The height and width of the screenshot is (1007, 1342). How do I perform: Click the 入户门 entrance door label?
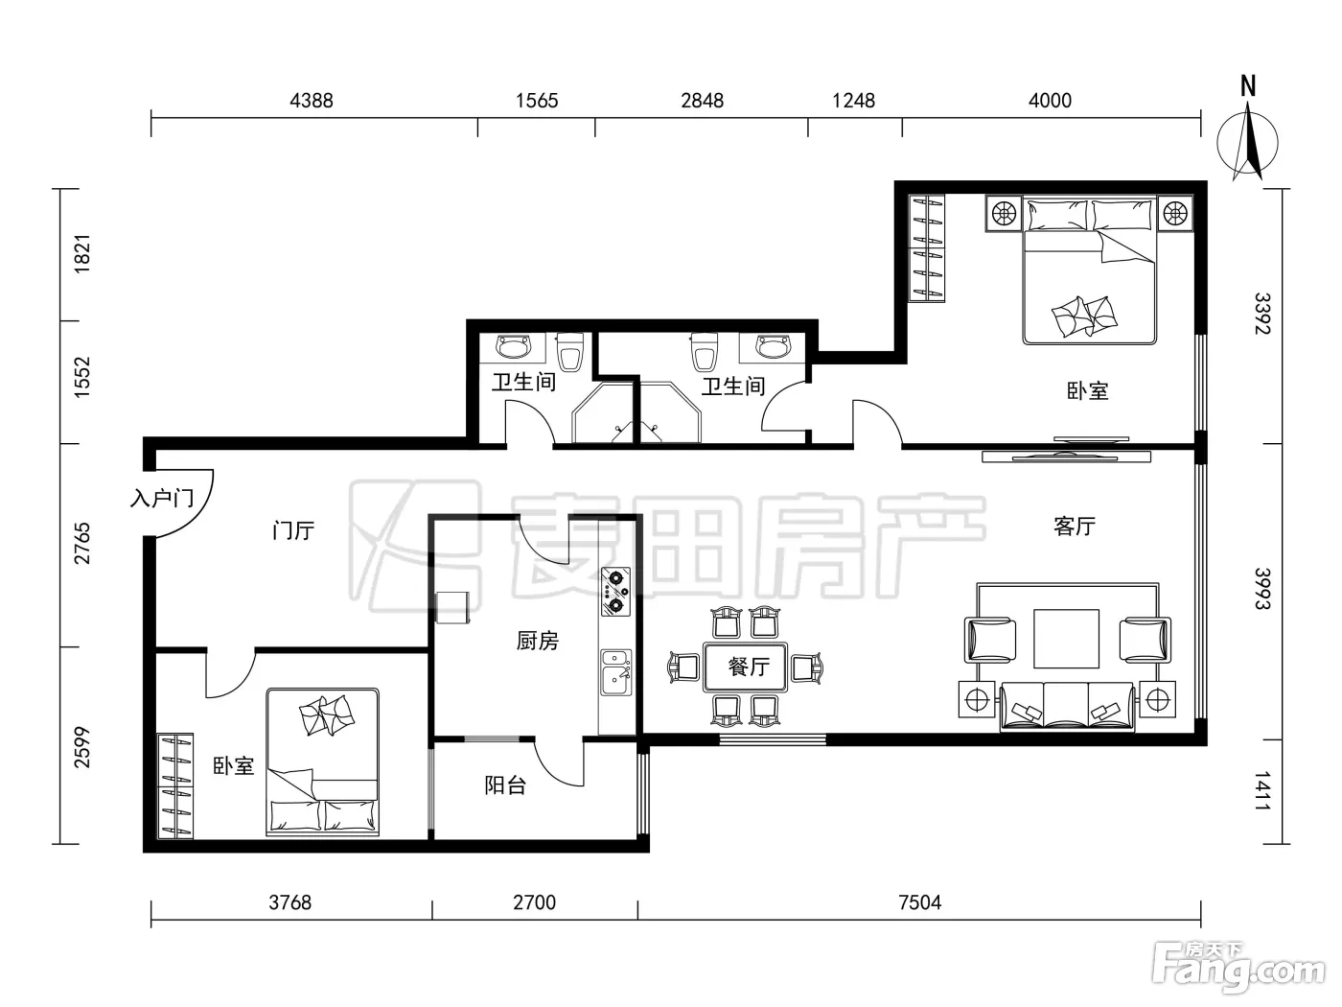[x=162, y=499]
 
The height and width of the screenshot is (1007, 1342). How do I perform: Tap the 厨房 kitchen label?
[x=538, y=641]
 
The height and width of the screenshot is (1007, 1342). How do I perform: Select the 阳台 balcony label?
[x=505, y=785]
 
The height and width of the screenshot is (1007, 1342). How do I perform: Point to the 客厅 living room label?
[x=1075, y=526]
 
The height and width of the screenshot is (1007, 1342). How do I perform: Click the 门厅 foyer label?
[x=293, y=530]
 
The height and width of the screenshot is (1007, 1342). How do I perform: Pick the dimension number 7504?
[x=920, y=902]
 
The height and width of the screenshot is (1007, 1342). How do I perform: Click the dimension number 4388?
[x=312, y=101]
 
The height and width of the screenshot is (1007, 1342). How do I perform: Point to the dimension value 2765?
[x=81, y=544]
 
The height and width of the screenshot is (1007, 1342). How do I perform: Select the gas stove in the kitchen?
[x=615, y=592]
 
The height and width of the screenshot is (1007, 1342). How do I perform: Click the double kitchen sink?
[x=616, y=672]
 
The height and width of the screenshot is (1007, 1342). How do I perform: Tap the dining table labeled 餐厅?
[x=745, y=667]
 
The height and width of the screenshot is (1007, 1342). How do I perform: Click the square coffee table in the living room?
[x=1066, y=639]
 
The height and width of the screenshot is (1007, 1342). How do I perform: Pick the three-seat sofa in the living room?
[x=1067, y=707]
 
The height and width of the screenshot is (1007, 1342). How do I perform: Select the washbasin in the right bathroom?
[x=773, y=347]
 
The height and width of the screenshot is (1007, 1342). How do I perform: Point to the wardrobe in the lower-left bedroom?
[x=175, y=786]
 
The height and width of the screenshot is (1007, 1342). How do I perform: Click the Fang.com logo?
[x=1238, y=969]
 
